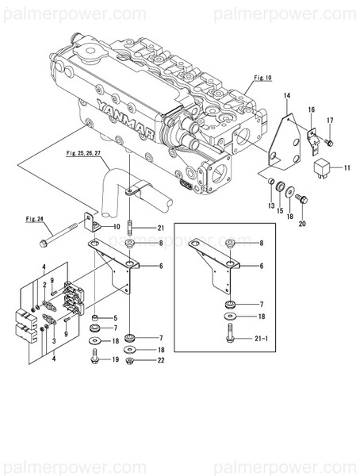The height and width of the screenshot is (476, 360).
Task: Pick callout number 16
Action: click(312, 109)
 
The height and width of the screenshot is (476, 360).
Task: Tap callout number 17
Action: click(331, 121)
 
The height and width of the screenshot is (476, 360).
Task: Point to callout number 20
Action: click(301, 225)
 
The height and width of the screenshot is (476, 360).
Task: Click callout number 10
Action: click(117, 227)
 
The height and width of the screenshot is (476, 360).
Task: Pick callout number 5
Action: click(115, 317)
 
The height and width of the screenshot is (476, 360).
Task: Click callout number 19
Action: click(116, 359)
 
